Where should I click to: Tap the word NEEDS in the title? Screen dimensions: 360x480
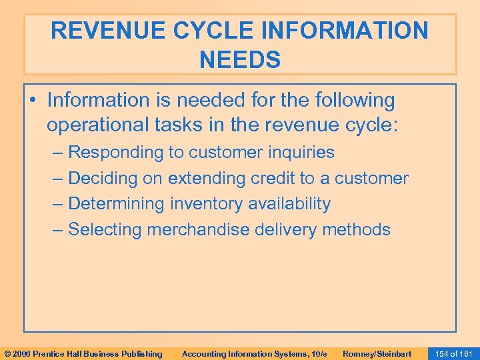coord(240,60)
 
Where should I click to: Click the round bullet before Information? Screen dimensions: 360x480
coord(33,101)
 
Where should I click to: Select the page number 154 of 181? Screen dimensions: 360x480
coord(453,353)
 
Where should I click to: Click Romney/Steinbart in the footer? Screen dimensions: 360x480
coord(377,353)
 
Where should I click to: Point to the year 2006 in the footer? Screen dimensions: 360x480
coord(22,353)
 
